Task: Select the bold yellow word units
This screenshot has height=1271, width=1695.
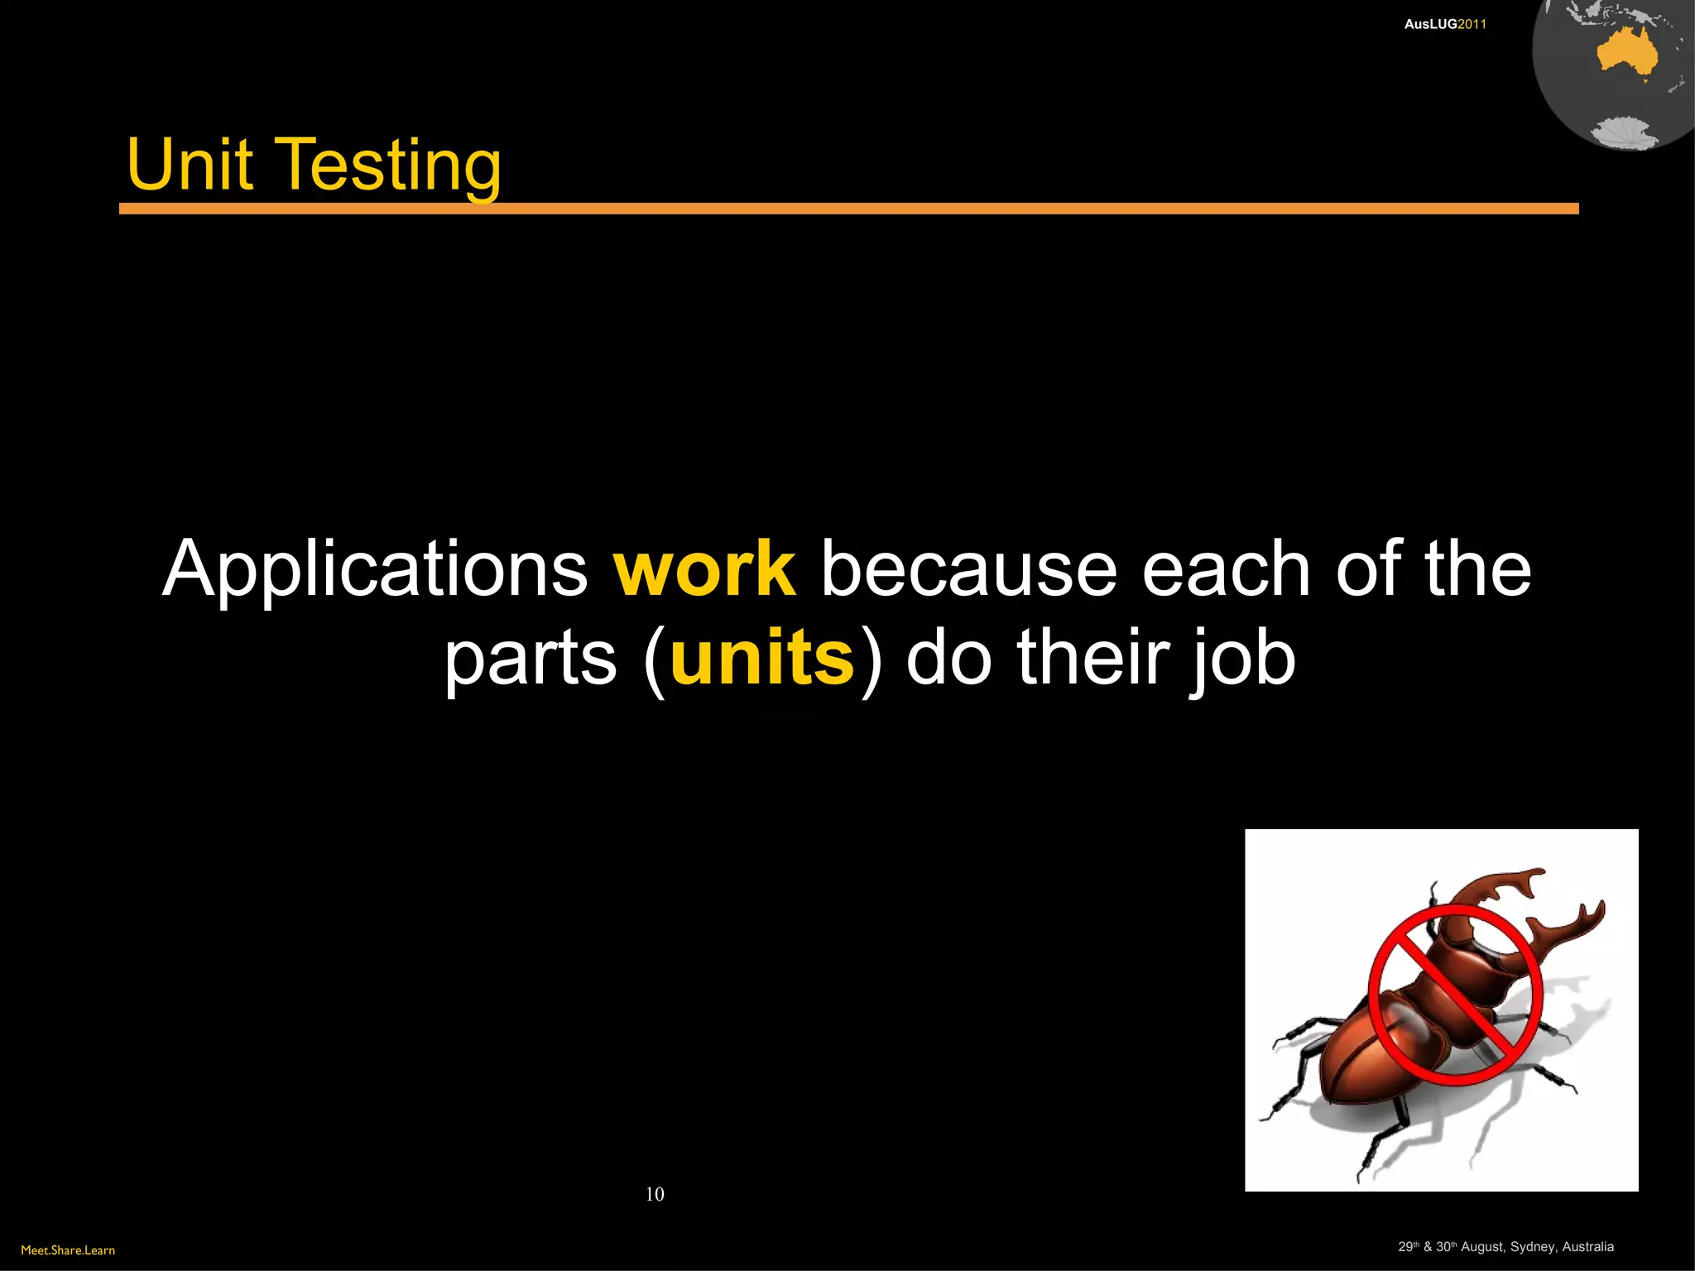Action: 762,658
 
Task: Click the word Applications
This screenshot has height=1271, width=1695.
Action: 375,571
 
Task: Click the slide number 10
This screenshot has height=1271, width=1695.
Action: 655,1193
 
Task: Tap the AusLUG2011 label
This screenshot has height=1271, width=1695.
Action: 1445,24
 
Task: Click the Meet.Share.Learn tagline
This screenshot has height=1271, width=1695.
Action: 68,1249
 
